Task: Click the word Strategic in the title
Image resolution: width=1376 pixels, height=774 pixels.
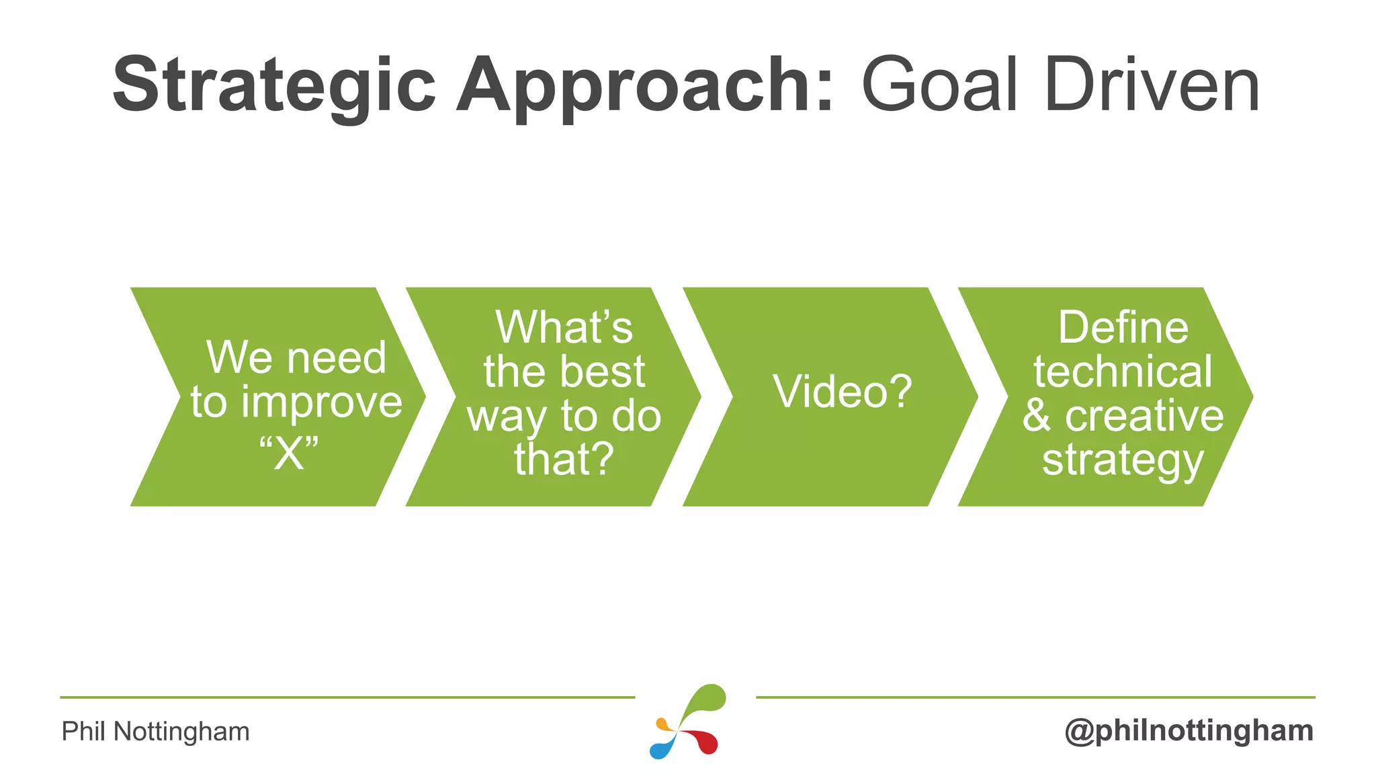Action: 274,86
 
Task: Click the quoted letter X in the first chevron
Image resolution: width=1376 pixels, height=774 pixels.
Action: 290,454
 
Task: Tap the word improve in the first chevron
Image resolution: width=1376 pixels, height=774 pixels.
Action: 322,402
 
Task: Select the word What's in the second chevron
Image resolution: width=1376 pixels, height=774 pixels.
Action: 564,328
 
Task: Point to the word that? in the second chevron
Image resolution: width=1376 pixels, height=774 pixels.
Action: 564,460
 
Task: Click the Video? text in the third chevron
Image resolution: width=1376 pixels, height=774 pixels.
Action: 843,391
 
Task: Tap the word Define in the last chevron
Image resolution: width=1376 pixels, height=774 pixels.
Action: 1123,328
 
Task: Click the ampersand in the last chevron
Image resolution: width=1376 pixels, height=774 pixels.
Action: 1036,416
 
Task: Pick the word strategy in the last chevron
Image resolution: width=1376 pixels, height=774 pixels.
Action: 1123,461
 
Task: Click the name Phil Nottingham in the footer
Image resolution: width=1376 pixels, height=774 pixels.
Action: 155,731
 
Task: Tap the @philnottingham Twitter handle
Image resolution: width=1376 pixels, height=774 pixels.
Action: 1189,730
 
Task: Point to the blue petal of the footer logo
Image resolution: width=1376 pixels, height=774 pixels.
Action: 662,747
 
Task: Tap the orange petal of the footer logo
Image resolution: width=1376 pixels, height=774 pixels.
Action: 664,725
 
